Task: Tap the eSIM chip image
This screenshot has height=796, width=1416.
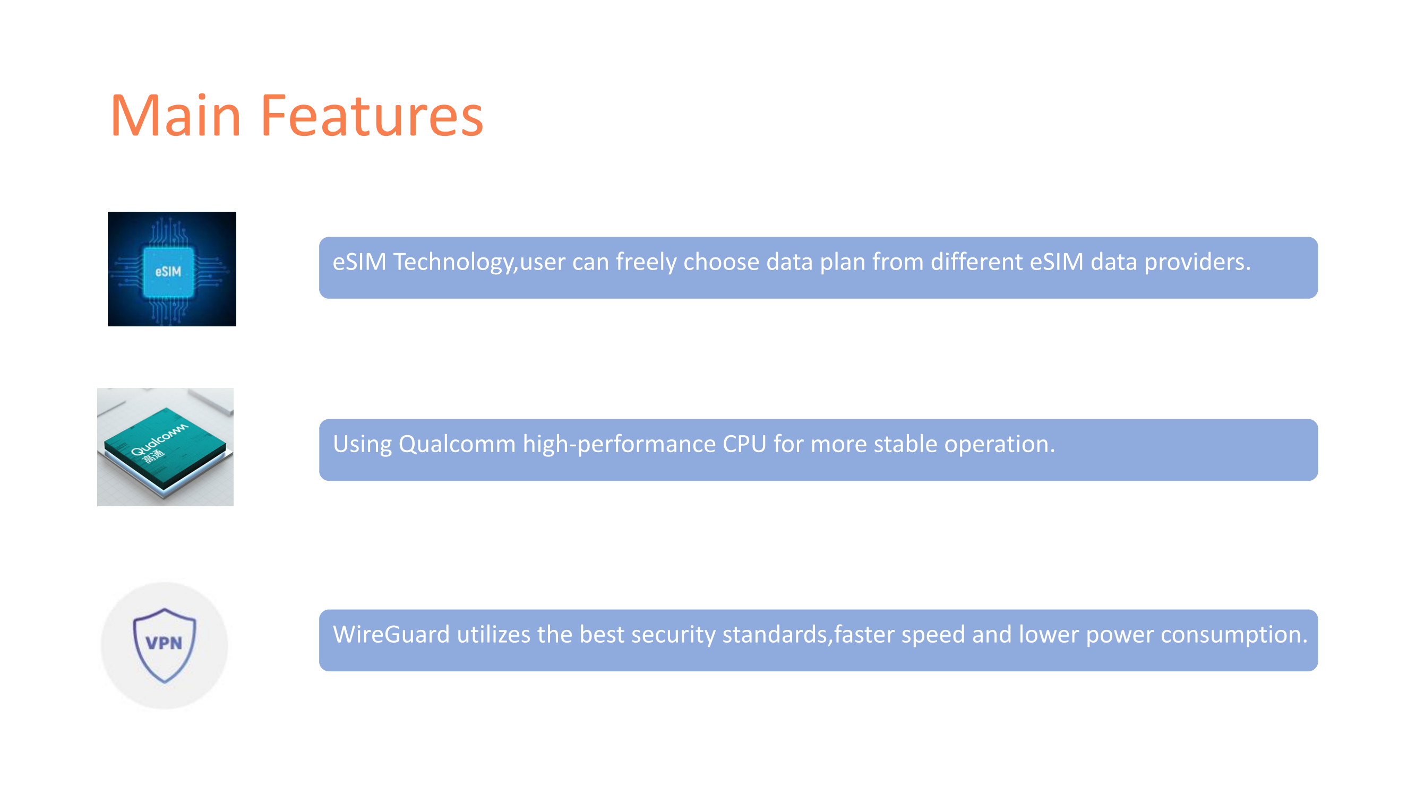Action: coord(172,269)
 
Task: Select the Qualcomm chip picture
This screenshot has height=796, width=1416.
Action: coord(166,447)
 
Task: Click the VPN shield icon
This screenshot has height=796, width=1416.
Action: coord(165,645)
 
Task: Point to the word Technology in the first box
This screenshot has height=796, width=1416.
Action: coord(454,262)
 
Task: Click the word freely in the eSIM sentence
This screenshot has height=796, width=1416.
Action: coord(646,262)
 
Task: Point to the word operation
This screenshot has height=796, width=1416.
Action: coord(996,444)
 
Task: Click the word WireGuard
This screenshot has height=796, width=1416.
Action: coord(391,635)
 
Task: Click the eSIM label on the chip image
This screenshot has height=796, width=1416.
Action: coord(168,271)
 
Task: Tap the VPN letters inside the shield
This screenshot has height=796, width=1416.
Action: coord(164,643)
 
